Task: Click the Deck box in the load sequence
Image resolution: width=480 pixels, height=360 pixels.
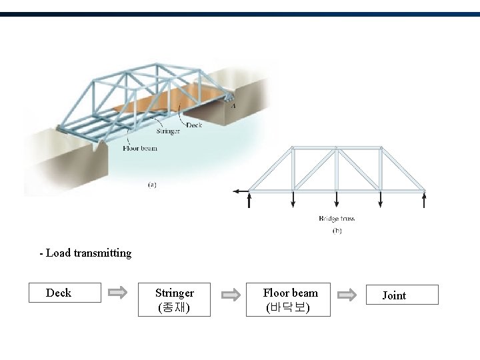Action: (64, 293)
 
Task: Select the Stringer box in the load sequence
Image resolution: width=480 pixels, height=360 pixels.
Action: (174, 300)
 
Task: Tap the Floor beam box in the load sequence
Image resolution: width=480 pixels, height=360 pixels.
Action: (291, 300)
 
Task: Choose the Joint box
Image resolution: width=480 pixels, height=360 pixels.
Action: (402, 295)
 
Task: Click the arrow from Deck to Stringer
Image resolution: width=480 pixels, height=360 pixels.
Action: (118, 292)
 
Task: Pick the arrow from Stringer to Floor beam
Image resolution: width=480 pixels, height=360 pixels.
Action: (231, 294)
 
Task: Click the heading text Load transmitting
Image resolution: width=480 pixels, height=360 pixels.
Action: (86, 253)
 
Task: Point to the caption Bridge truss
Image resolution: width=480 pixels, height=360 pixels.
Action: (337, 218)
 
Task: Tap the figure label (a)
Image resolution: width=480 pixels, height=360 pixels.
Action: (152, 185)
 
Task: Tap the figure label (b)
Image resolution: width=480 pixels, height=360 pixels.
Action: (337, 231)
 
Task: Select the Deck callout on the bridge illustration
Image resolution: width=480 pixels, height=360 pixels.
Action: (194, 125)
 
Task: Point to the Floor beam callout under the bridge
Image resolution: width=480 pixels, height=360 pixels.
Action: (140, 148)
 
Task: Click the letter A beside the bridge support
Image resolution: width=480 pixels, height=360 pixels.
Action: (233, 105)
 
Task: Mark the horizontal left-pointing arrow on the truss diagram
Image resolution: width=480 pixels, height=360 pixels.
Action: (240, 191)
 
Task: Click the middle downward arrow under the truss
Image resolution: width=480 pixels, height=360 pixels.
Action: (337, 199)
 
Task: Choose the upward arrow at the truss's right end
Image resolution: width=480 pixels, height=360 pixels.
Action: (424, 199)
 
